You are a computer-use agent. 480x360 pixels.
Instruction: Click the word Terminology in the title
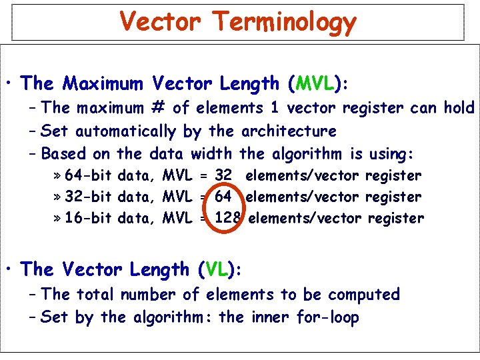click(x=285, y=22)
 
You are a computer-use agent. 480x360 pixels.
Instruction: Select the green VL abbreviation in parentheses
click(x=217, y=269)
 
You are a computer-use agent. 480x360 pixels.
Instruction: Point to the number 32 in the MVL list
click(x=224, y=176)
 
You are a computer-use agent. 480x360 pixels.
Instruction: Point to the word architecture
click(x=289, y=131)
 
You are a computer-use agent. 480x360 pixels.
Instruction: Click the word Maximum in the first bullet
click(x=103, y=83)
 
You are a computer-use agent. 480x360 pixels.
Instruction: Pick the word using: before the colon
click(x=390, y=154)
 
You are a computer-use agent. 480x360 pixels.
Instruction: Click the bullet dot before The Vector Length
click(x=10, y=270)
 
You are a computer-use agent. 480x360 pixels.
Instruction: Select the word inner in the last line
click(x=271, y=317)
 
